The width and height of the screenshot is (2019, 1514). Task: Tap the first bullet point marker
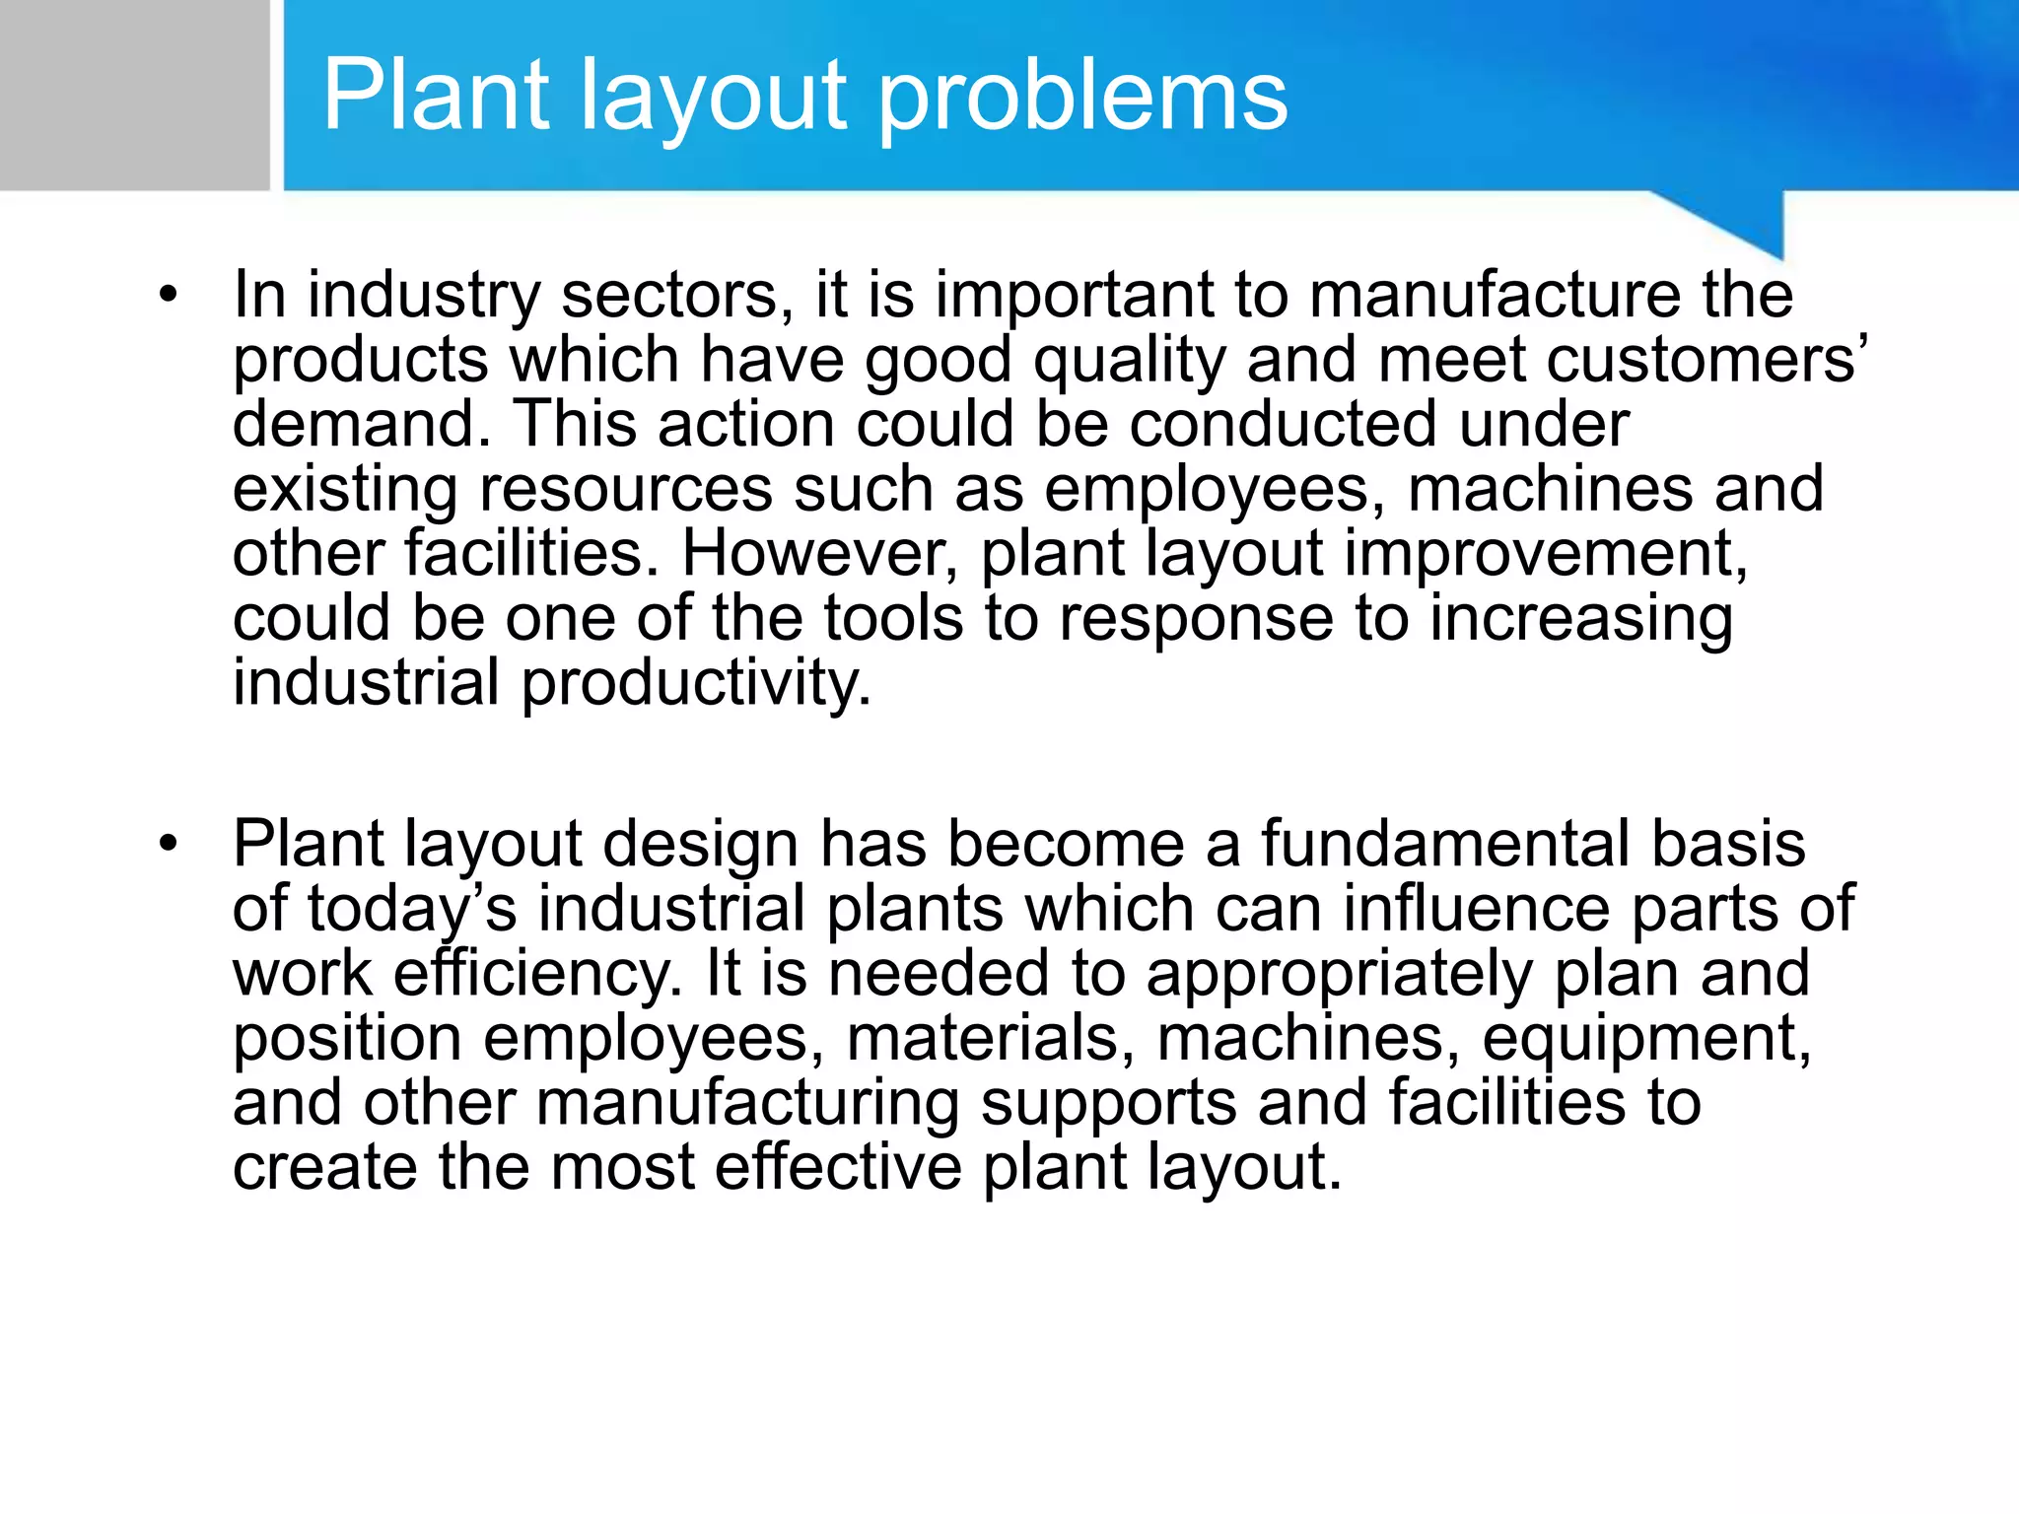click(169, 294)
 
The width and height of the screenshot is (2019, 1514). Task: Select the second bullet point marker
click(169, 843)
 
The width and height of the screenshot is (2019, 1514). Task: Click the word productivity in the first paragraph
click(696, 682)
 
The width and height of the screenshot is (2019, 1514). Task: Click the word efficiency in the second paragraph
click(538, 973)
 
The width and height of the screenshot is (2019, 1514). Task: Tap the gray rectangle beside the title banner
click(134, 95)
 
